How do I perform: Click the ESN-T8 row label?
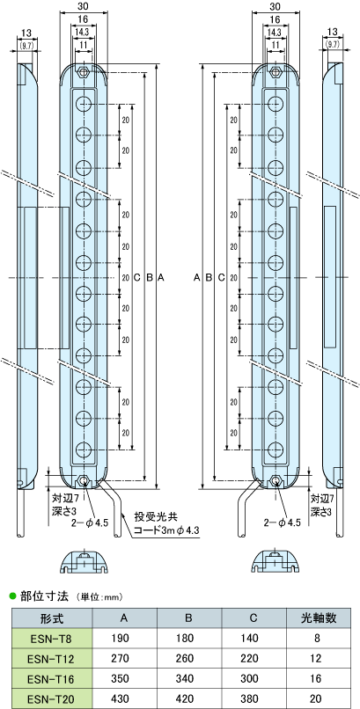tap(52, 638)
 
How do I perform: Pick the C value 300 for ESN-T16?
tap(253, 678)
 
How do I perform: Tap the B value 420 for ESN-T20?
tap(189, 698)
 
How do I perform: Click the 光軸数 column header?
tap(319, 618)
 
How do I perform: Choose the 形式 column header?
tap(52, 618)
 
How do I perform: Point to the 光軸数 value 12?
tap(319, 658)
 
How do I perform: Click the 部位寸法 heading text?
tap(44, 596)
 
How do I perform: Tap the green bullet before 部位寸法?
tap(13, 596)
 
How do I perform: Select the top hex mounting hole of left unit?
tap(84, 72)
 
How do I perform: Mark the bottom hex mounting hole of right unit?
tap(276, 480)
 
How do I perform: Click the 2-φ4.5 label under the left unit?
tap(91, 523)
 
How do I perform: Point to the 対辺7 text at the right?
tap(321, 499)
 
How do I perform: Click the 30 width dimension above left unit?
tap(84, 8)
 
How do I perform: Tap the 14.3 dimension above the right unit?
tap(275, 32)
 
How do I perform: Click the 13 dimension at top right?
tap(333, 31)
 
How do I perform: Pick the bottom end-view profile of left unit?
tap(84, 562)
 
